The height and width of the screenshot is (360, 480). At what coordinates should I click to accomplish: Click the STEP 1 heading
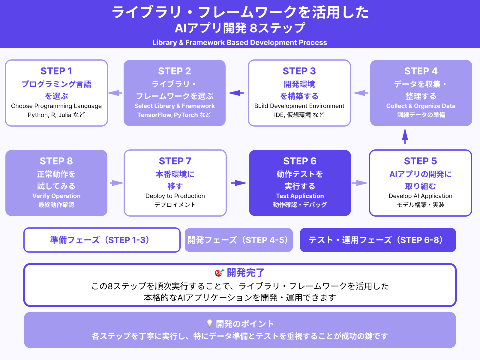(56, 71)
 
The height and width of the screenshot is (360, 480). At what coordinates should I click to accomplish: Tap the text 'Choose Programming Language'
(56, 106)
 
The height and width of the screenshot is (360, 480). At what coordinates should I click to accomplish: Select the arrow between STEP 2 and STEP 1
(115, 93)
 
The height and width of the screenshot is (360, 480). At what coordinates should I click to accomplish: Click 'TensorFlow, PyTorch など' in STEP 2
(174, 115)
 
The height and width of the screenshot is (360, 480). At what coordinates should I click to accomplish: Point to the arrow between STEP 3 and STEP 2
(236, 93)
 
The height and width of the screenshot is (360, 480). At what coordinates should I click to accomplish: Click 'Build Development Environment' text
(299, 106)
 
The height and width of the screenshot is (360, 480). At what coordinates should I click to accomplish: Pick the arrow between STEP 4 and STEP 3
(361, 93)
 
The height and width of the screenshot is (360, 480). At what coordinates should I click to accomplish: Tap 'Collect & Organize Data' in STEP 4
(421, 106)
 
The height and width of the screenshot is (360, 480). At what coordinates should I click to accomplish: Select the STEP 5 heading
(420, 161)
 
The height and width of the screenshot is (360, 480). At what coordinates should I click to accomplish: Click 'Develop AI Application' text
(420, 196)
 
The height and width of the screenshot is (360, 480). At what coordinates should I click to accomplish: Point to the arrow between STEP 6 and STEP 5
(360, 183)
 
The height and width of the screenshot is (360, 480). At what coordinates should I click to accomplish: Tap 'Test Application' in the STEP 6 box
(300, 196)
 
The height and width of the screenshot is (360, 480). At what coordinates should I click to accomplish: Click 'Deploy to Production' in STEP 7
(175, 196)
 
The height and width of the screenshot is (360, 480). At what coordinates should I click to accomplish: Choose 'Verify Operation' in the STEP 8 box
(56, 196)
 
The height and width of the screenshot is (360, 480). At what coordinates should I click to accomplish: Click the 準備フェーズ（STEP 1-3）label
(101, 240)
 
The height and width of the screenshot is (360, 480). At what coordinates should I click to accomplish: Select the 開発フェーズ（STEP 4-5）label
(238, 240)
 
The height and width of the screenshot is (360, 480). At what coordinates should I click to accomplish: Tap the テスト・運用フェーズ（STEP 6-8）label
(377, 240)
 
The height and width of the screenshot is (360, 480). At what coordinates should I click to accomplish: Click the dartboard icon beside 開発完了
(219, 273)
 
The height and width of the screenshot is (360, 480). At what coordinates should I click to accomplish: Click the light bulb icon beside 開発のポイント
(210, 323)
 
